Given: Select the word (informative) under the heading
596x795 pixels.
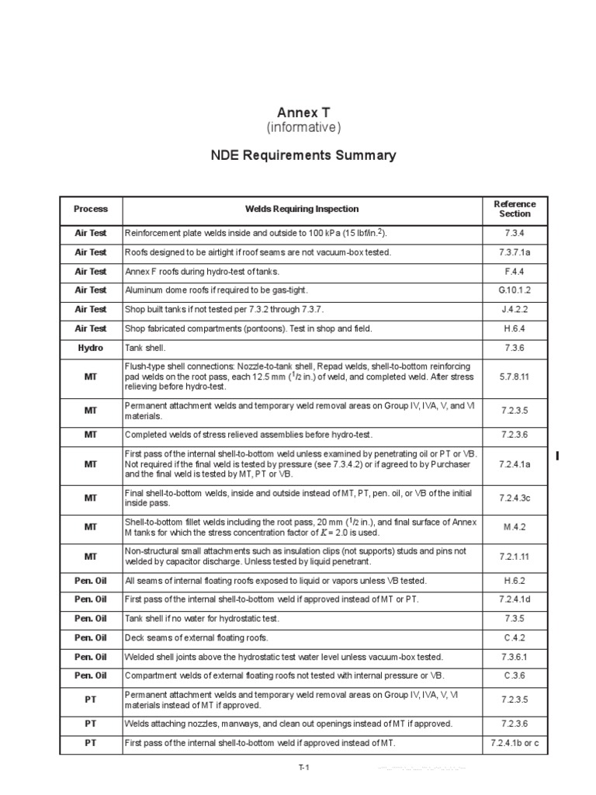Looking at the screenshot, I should click(303, 127).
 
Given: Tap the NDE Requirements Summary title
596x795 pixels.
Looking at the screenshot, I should click(303, 155).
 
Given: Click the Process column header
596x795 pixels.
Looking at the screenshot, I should click(91, 209).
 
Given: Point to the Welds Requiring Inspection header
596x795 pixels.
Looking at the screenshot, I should click(302, 209).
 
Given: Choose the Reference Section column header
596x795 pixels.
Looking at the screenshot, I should click(515, 209).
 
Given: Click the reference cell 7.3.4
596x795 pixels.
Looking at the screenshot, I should click(515, 233).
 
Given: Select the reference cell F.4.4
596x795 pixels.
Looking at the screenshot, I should click(515, 271).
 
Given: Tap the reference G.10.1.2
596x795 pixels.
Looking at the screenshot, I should click(515, 290).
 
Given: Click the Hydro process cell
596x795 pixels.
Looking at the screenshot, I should click(91, 348).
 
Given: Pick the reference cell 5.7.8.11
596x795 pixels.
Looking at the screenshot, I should click(515, 376).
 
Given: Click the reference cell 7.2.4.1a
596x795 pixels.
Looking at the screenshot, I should click(515, 463).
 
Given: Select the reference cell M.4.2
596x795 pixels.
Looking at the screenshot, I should click(515, 526).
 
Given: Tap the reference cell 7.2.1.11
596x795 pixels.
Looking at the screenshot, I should click(515, 557).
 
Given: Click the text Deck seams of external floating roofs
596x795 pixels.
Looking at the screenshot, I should click(196, 637).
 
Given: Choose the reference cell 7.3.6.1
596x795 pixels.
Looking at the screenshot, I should click(515, 656).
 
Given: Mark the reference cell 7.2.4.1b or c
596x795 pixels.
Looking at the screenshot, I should click(515, 743).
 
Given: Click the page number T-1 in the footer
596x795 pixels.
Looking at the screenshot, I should click(304, 768).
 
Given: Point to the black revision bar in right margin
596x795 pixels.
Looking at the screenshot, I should click(558, 455).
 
